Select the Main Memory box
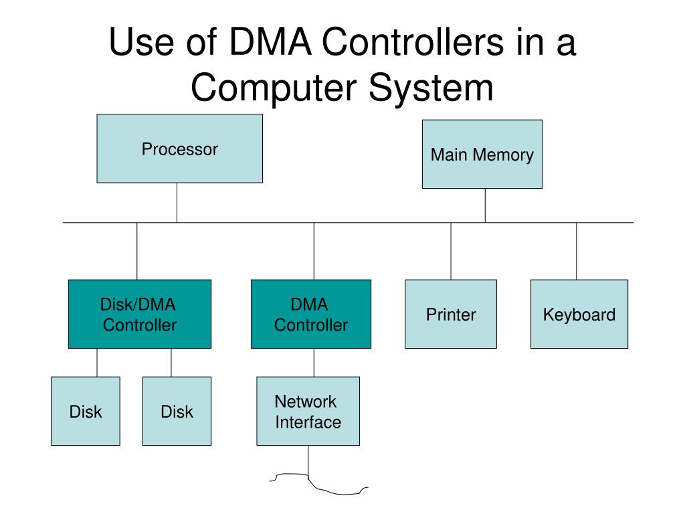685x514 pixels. (x=482, y=154)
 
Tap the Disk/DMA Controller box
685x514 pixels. (x=139, y=314)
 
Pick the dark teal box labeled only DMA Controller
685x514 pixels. (x=310, y=314)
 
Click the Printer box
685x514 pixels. (x=451, y=314)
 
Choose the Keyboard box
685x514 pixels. (x=579, y=314)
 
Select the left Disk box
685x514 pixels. (x=86, y=411)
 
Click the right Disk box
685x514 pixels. (x=177, y=411)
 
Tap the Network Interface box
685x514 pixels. (x=308, y=411)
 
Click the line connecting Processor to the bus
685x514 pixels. (x=177, y=202)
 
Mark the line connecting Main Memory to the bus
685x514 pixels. (x=485, y=205)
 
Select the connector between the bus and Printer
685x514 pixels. (x=451, y=251)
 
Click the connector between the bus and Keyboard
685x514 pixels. (x=577, y=251)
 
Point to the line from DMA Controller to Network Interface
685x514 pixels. (x=314, y=362)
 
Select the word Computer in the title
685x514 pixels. (x=276, y=88)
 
